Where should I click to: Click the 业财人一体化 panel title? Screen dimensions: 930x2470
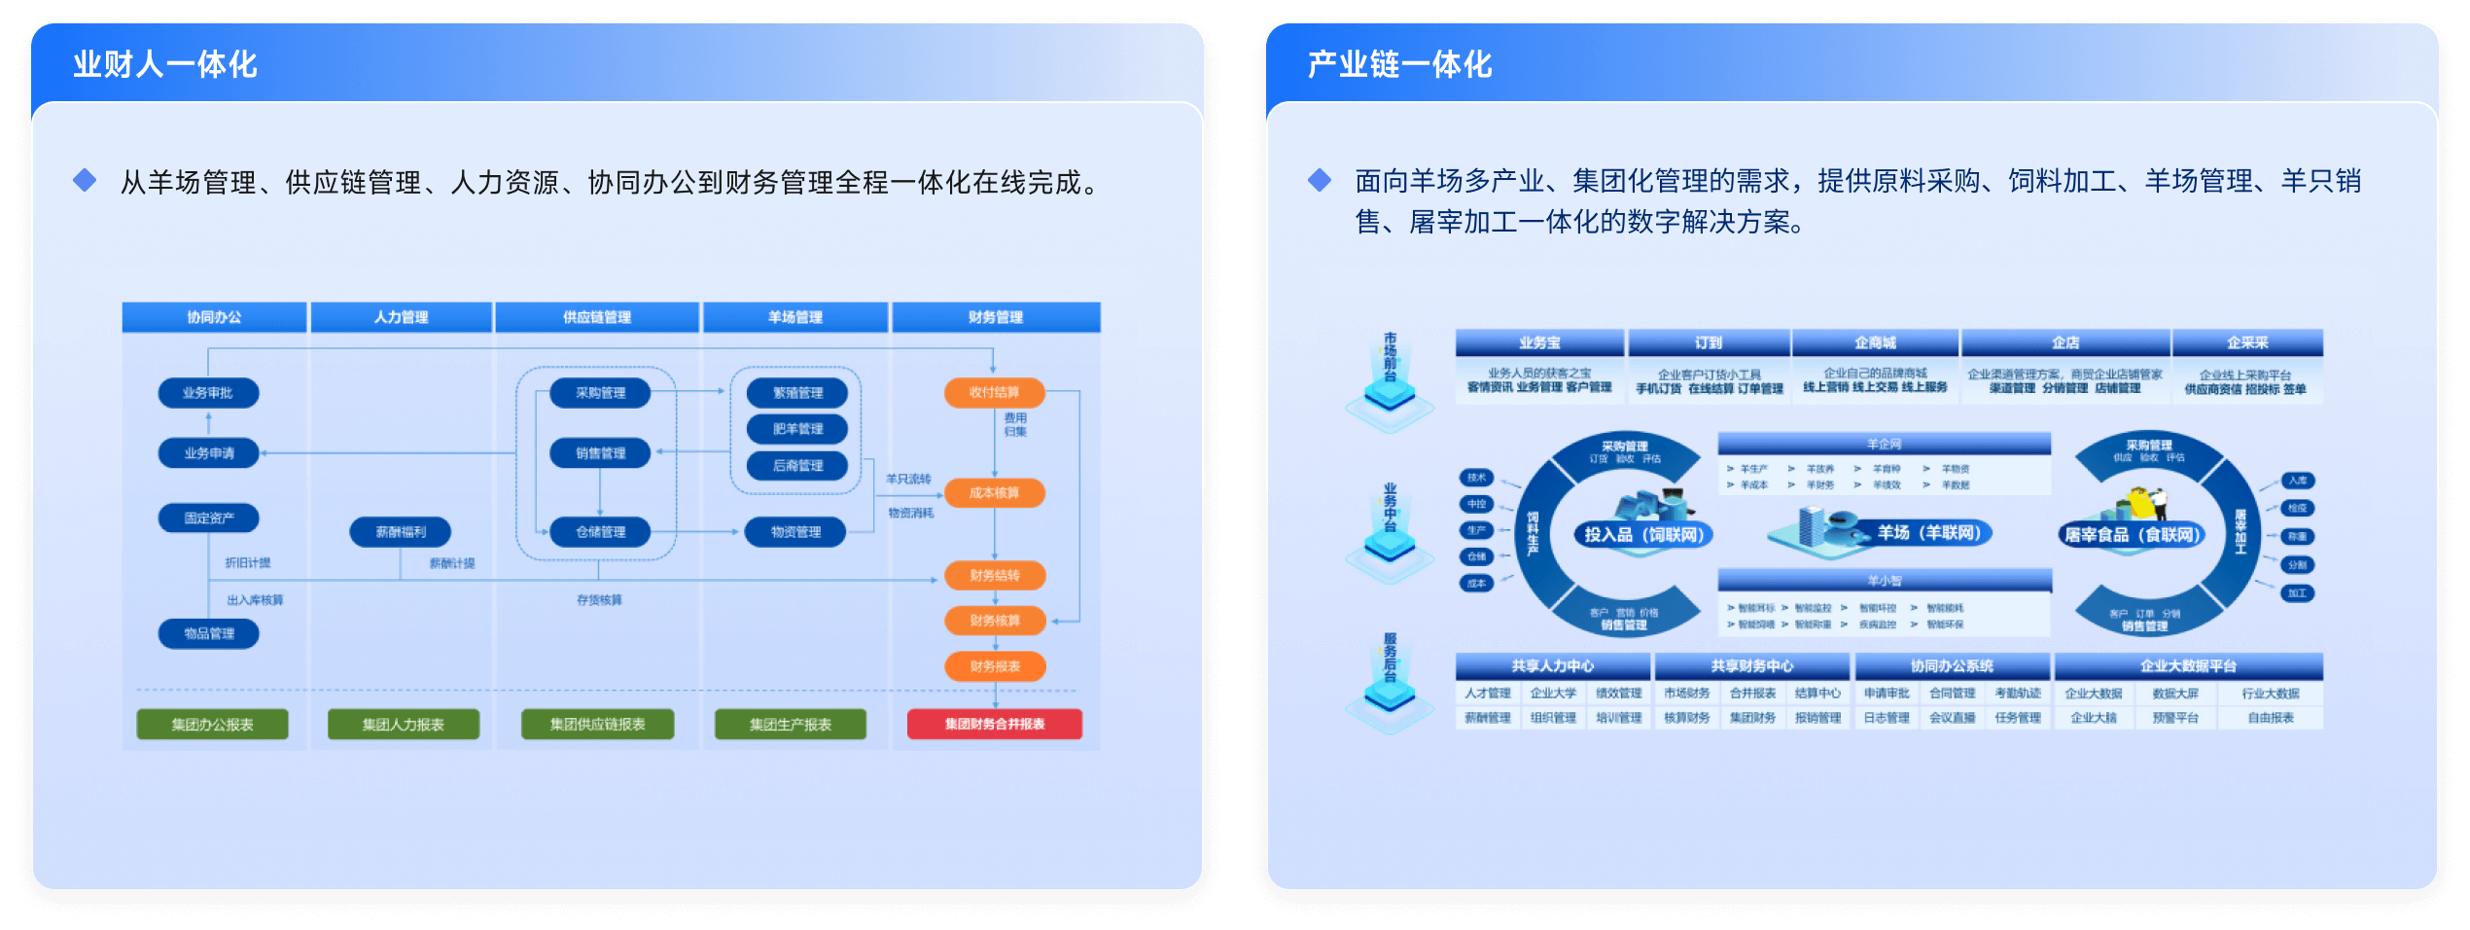pos(165,64)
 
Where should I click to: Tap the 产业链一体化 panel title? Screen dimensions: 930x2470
pos(1399,64)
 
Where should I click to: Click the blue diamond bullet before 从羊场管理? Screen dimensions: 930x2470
pos(85,180)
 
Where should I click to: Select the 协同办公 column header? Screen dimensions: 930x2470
pos(214,317)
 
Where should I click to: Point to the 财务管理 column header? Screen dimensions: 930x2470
pos(995,317)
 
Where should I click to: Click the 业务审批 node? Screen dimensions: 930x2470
pos(208,393)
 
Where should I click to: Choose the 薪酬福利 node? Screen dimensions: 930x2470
pos(401,532)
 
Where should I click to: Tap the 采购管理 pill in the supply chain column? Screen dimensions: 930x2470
pos(600,393)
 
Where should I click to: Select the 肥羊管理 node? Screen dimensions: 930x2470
pos(797,429)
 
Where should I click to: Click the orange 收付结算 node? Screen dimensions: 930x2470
pos(994,393)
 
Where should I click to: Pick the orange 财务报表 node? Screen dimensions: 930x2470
pos(995,666)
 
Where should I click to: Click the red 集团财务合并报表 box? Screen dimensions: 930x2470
pos(994,724)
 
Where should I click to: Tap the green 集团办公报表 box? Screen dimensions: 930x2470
pos(212,724)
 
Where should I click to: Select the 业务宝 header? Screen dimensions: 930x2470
pos(1539,342)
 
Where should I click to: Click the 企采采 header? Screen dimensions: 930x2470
pos(2247,342)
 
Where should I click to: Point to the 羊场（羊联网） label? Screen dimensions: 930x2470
pos(1928,532)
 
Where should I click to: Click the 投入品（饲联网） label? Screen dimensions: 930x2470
pos(1643,534)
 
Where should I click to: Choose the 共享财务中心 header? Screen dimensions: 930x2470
pos(1751,666)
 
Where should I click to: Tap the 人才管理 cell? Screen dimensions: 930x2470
pos(1488,694)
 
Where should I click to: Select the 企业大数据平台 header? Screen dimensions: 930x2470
pos(2188,666)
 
